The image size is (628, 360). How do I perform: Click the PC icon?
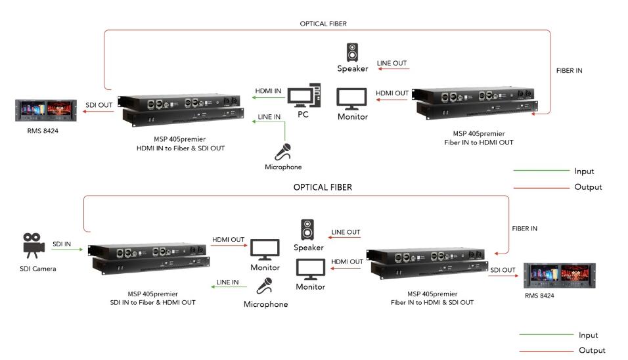304,96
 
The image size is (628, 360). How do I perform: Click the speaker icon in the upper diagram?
353,52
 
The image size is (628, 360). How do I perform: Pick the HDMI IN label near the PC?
268,90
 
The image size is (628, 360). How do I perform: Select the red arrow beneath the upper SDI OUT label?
97,112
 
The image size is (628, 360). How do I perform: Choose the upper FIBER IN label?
569,70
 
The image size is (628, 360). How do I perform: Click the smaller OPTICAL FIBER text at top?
323,24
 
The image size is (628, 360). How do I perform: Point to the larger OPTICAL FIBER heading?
323,187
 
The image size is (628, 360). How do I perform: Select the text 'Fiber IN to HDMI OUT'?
479,142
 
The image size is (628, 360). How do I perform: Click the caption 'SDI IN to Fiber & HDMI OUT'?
152,302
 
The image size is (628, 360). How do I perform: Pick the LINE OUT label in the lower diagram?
346,232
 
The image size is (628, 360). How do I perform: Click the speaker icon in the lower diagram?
307,230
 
